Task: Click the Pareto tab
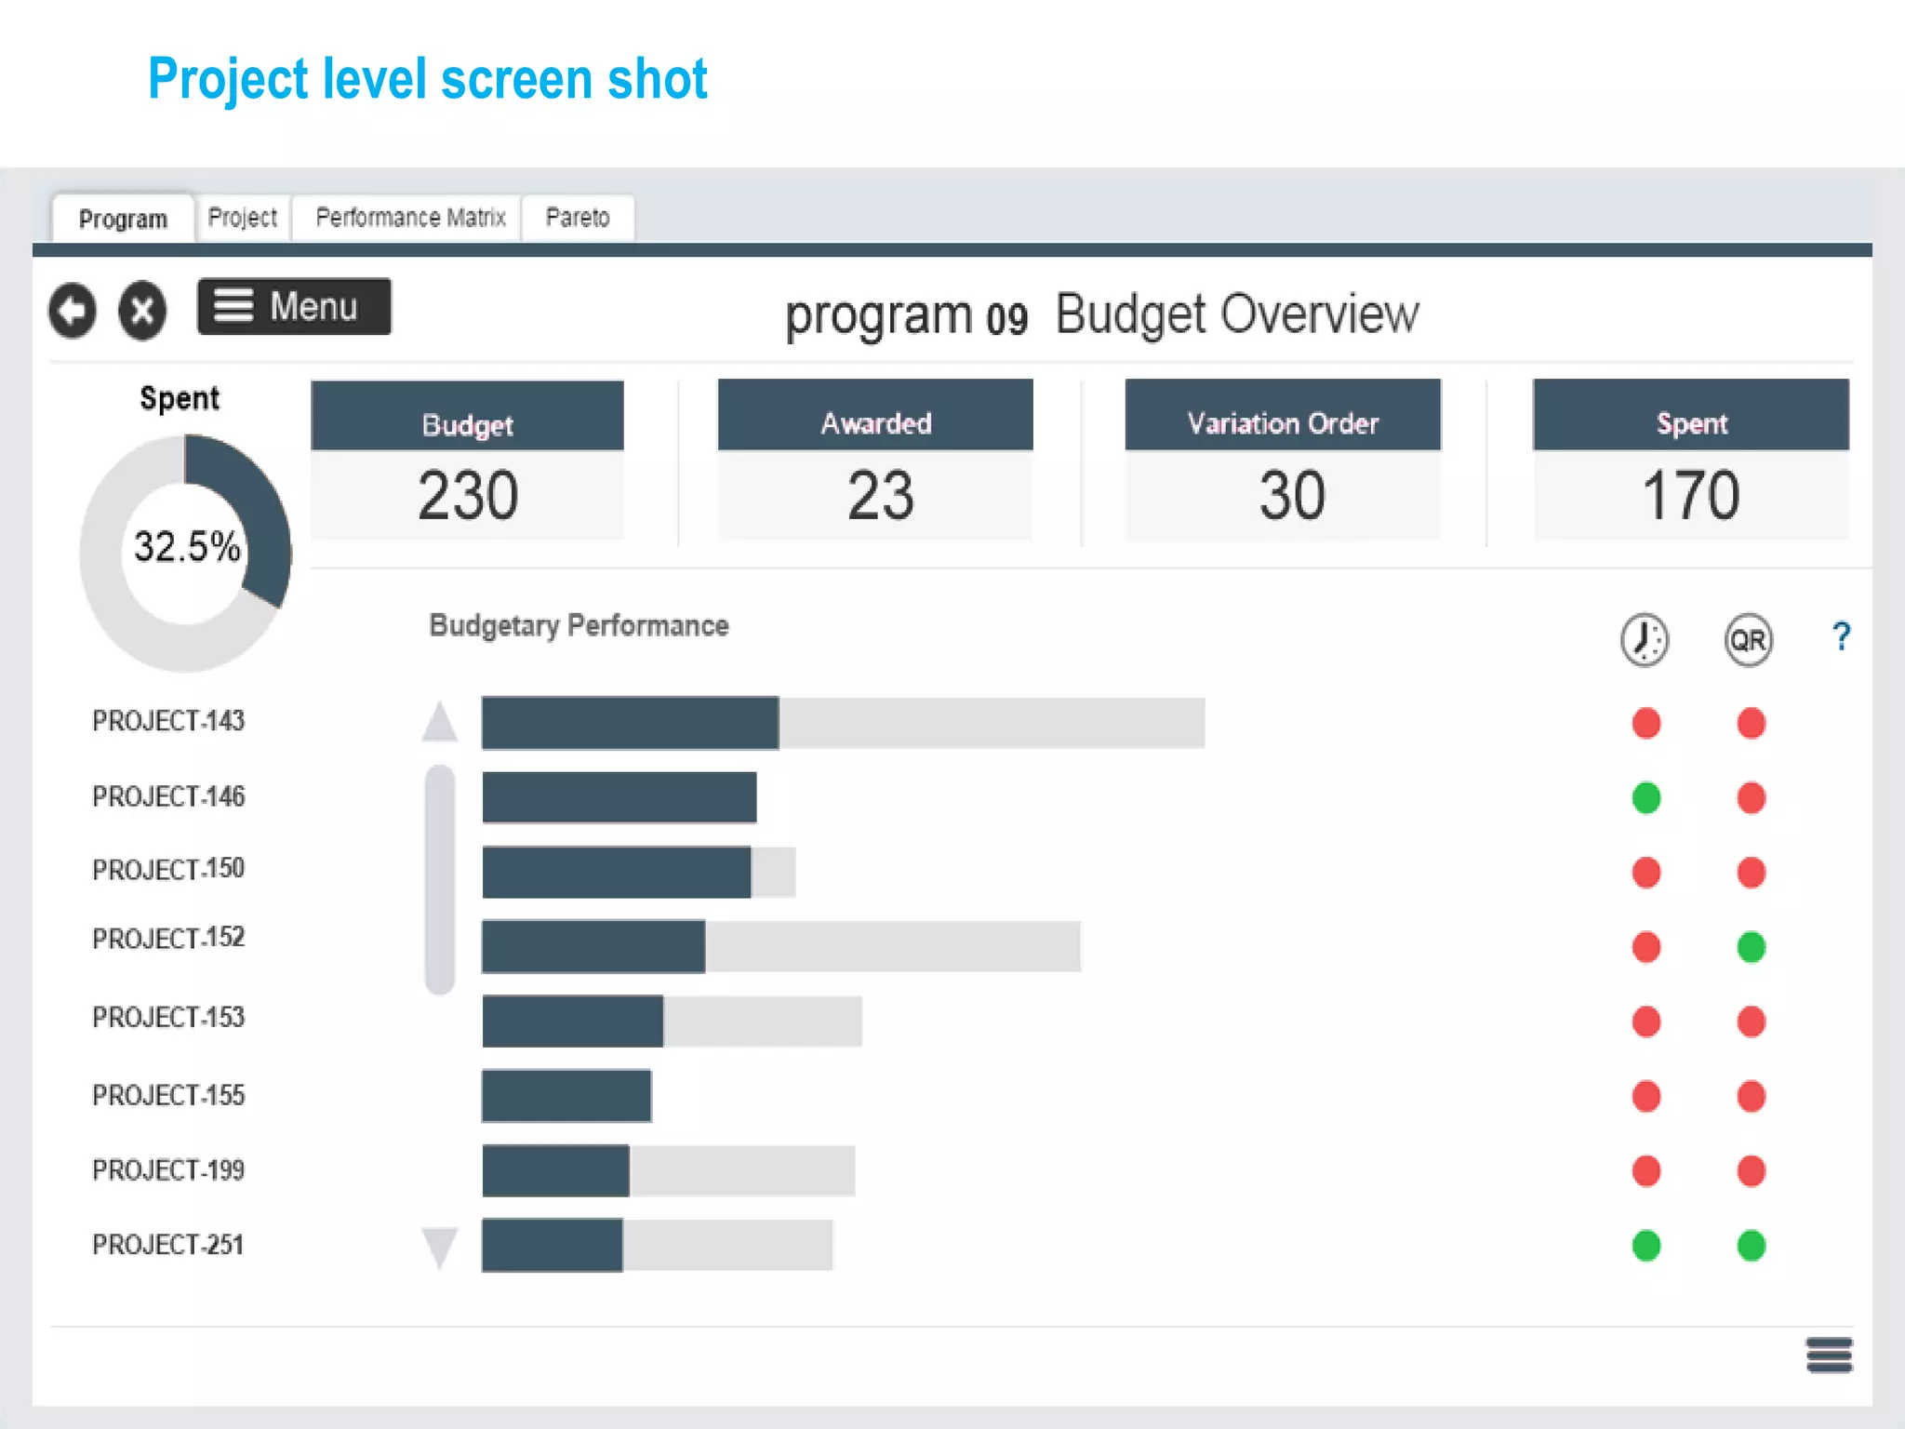pyautogui.click(x=578, y=218)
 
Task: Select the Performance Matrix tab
pyautogui.click(x=410, y=218)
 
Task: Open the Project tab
pyautogui.click(x=243, y=218)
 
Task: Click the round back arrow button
pyautogui.click(x=73, y=310)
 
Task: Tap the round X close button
pyautogui.click(x=142, y=310)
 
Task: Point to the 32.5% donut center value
pyautogui.click(x=187, y=547)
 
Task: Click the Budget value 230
pyautogui.click(x=468, y=495)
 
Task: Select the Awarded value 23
pyautogui.click(x=880, y=495)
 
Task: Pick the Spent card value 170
pyautogui.click(x=1690, y=495)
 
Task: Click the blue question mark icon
pyautogui.click(x=1841, y=637)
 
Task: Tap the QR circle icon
pyautogui.click(x=1748, y=640)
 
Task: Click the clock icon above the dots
pyautogui.click(x=1645, y=640)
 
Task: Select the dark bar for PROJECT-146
pyautogui.click(x=619, y=797)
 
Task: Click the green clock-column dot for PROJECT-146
pyautogui.click(x=1646, y=797)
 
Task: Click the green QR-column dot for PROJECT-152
pyautogui.click(x=1752, y=947)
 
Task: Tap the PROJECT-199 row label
pyautogui.click(x=168, y=1169)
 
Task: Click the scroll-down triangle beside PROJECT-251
pyautogui.click(x=440, y=1247)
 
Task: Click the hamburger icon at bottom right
pyautogui.click(x=1829, y=1355)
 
